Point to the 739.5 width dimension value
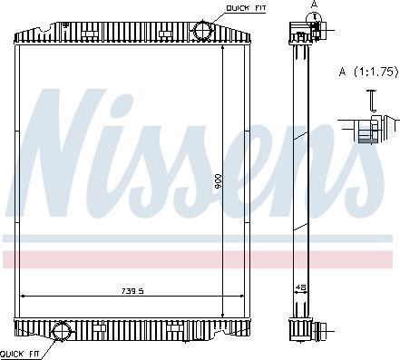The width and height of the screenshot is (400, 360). click(133, 291)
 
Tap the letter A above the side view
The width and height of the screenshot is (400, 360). click(315, 5)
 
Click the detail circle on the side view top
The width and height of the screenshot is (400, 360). click(314, 28)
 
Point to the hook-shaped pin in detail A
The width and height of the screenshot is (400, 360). click(371, 102)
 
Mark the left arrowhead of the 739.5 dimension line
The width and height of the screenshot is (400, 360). click(24, 297)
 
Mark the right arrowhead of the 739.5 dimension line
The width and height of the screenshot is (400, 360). click(243, 297)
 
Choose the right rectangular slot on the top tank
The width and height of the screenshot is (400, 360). click(165, 34)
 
